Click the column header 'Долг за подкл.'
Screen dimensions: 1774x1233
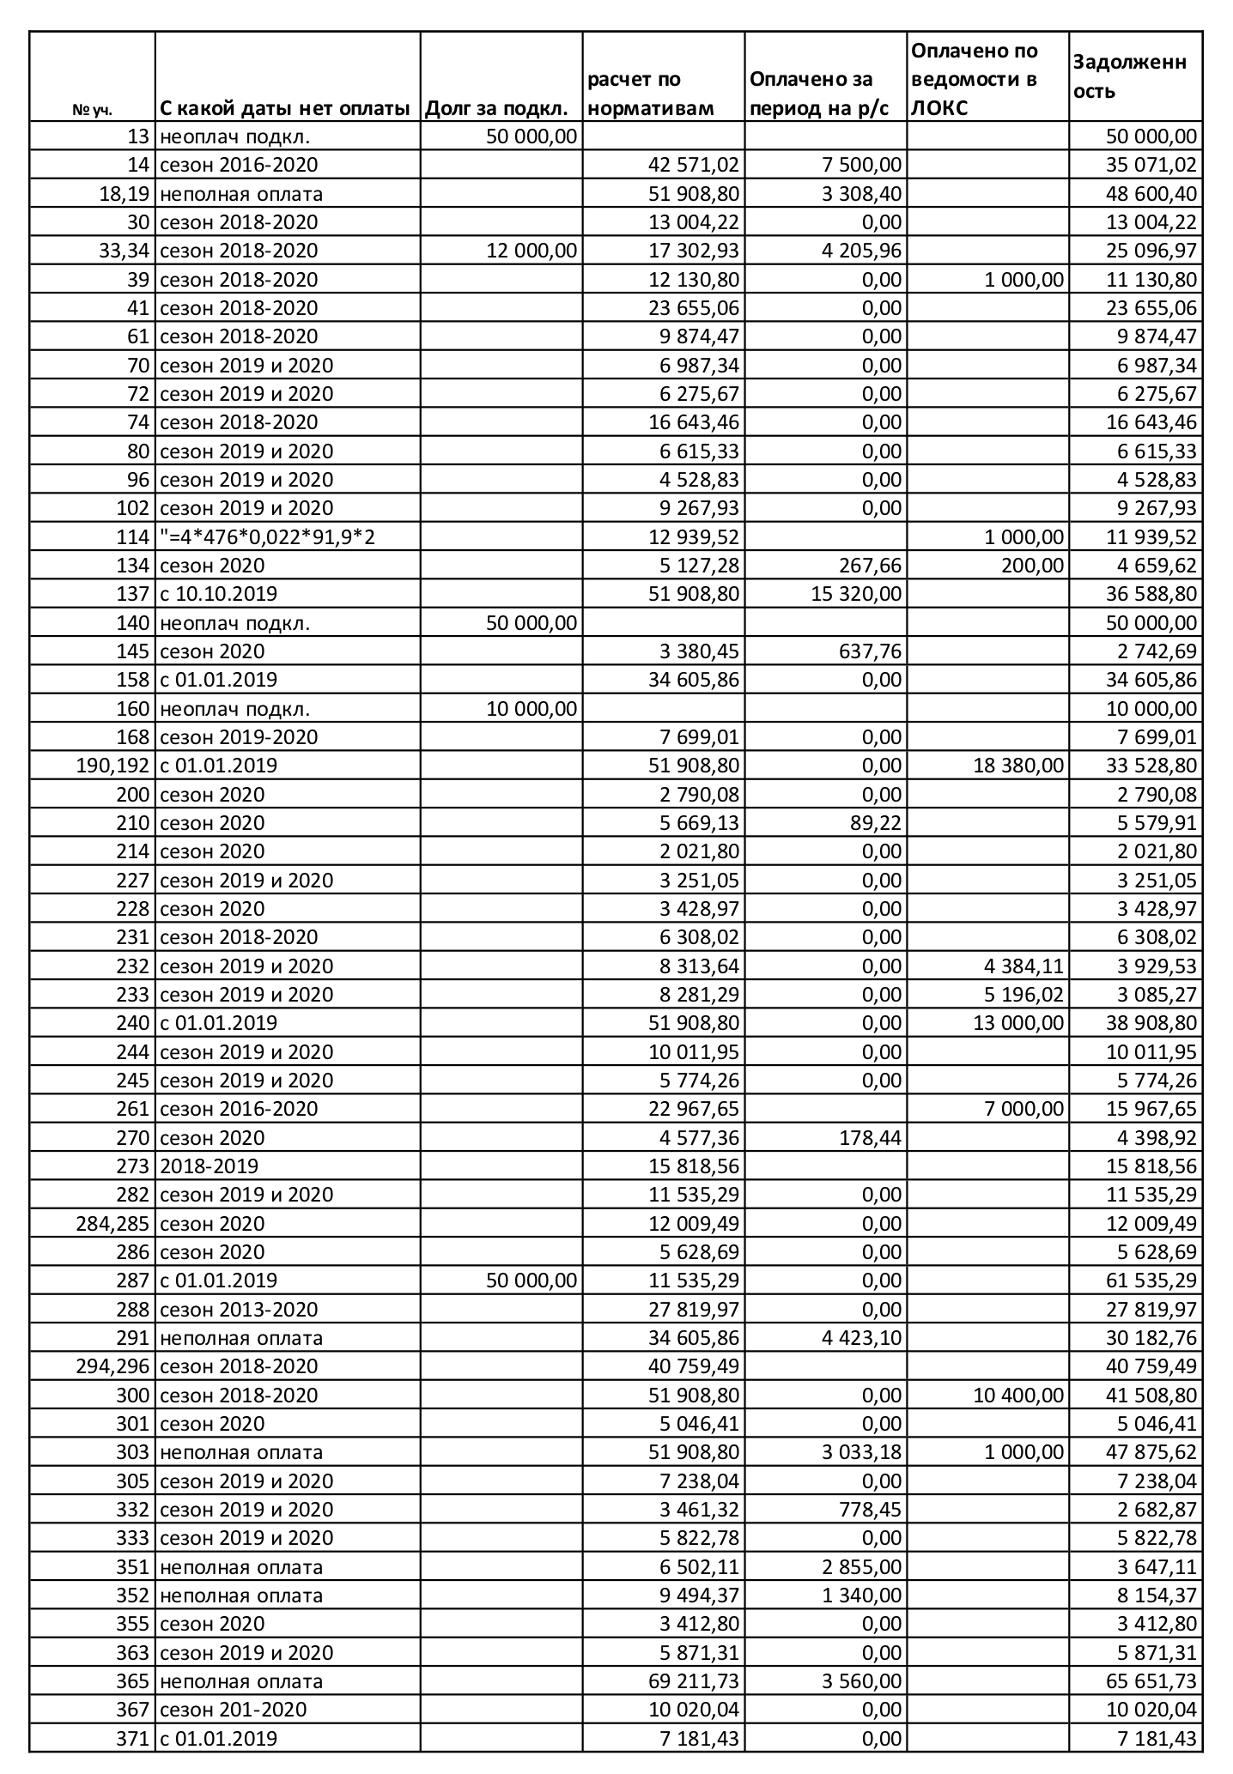498,109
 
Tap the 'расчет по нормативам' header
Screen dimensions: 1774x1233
652,94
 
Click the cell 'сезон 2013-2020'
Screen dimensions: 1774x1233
239,1310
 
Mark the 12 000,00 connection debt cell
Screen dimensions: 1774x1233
531,251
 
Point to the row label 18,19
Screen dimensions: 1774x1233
126,194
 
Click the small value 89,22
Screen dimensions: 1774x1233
877,823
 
